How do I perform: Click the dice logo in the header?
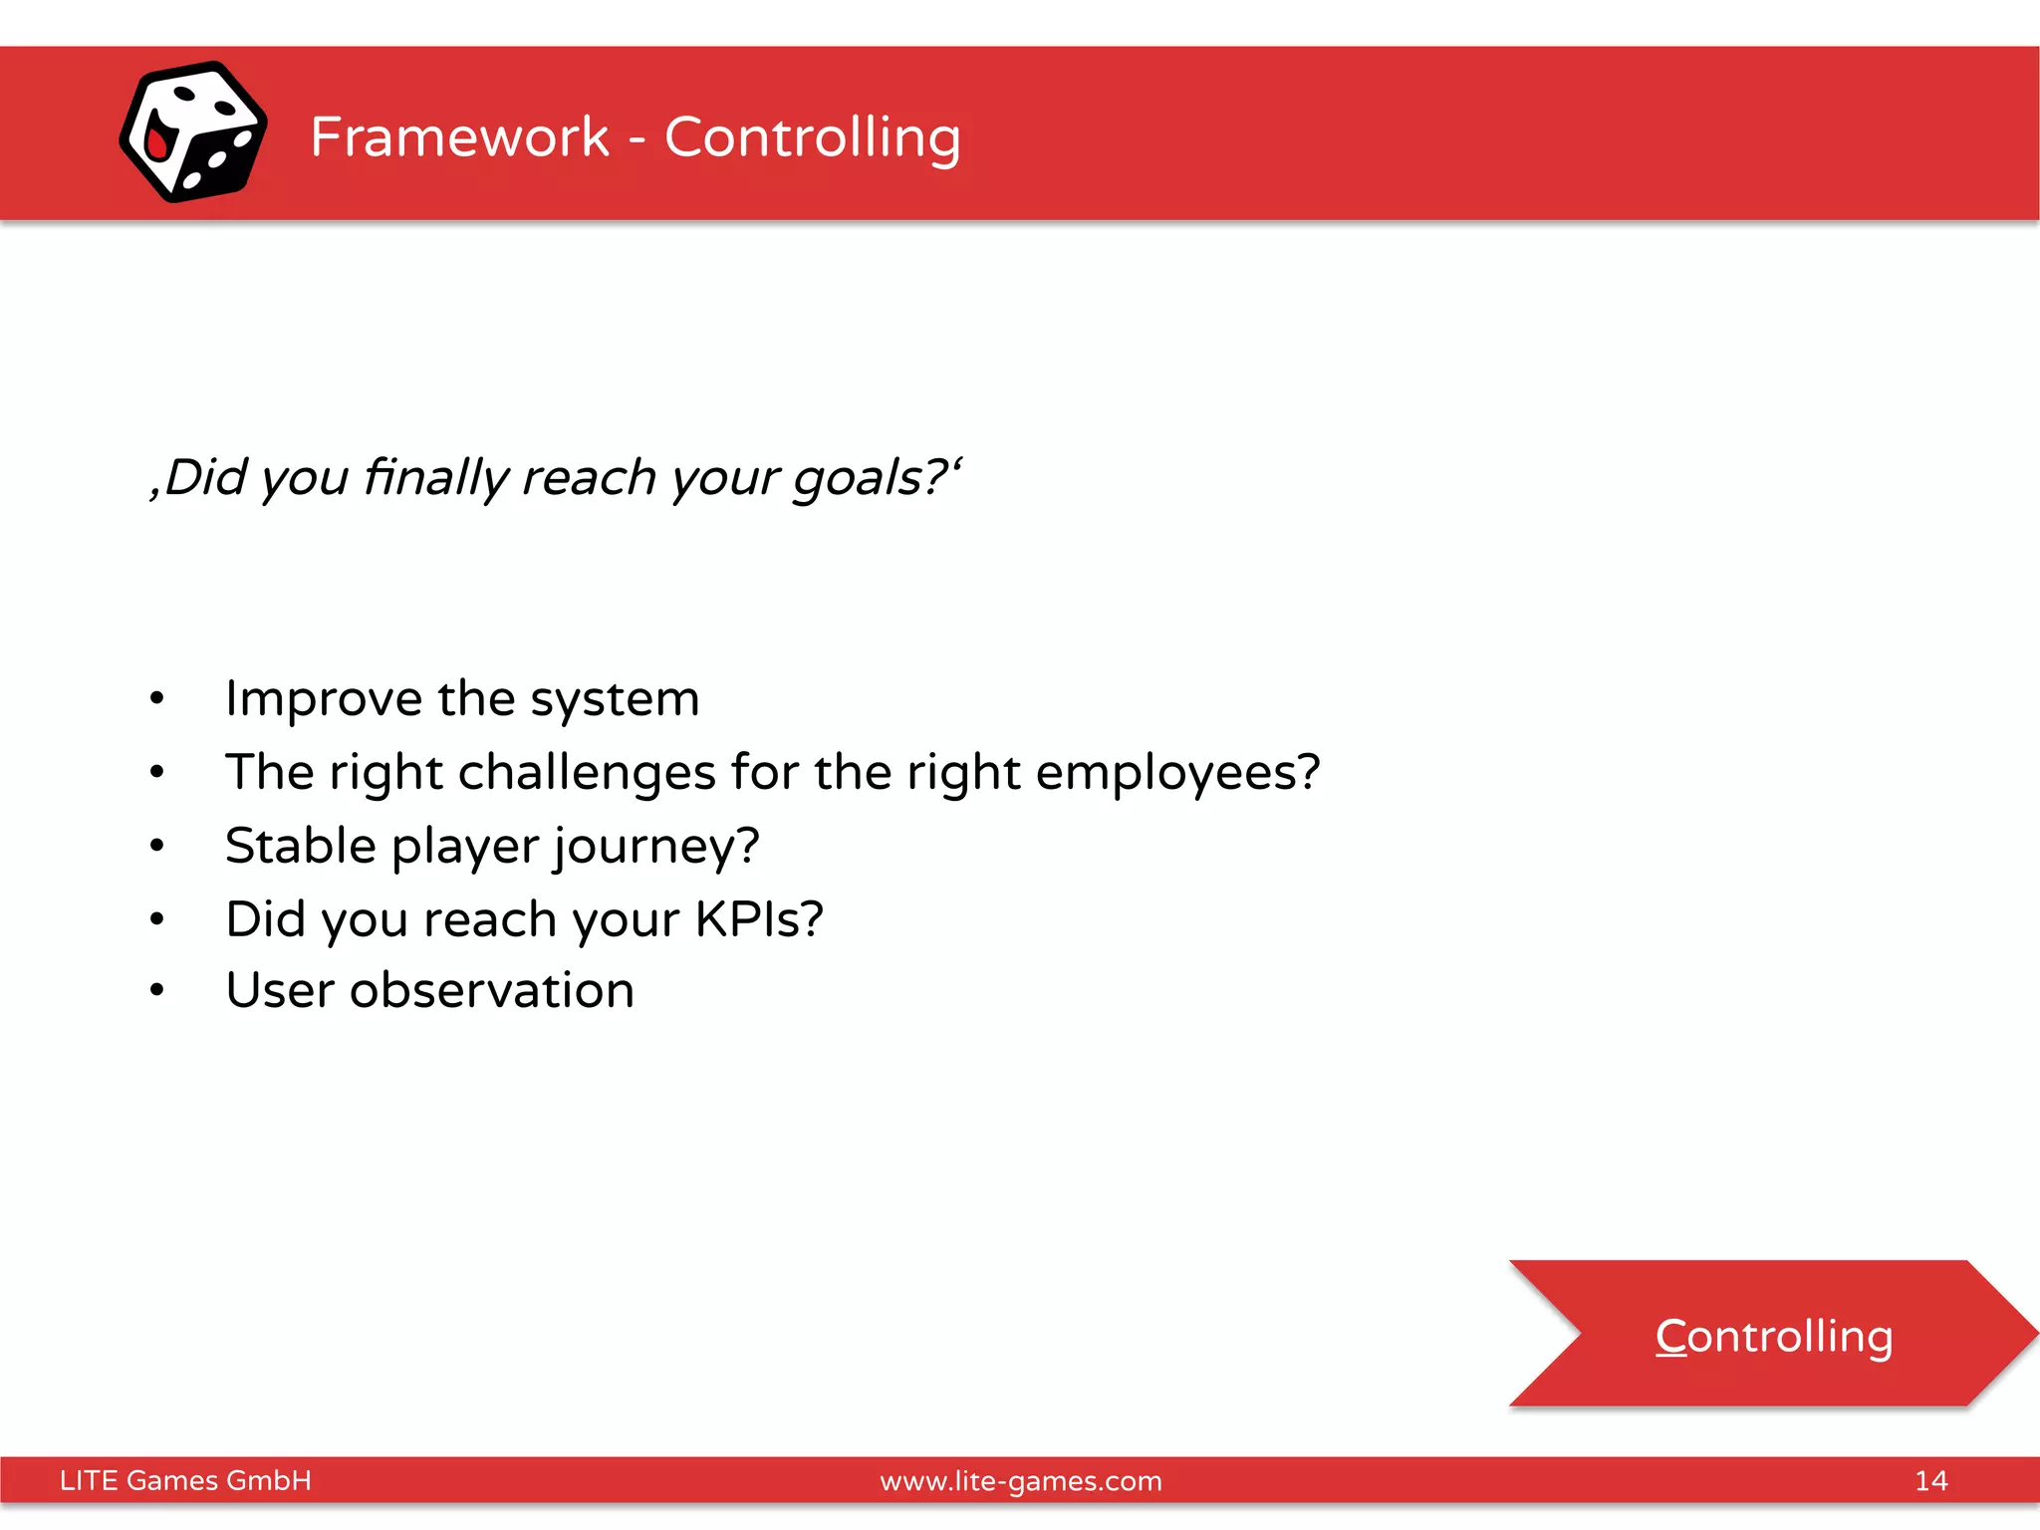tap(193, 132)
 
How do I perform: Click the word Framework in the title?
tap(459, 136)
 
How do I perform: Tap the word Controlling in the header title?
tap(812, 138)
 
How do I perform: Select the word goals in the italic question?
tap(858, 479)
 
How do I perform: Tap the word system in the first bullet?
tap(614, 699)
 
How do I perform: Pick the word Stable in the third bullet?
tap(300, 846)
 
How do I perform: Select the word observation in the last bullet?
tap(491, 990)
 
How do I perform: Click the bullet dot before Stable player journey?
tap(156, 846)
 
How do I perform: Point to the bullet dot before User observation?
tap(156, 990)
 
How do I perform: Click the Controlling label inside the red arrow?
tap(1773, 1336)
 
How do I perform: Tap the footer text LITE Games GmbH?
tap(185, 1480)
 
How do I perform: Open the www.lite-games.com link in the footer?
tap(1020, 1481)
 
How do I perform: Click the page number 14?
tap(1930, 1480)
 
